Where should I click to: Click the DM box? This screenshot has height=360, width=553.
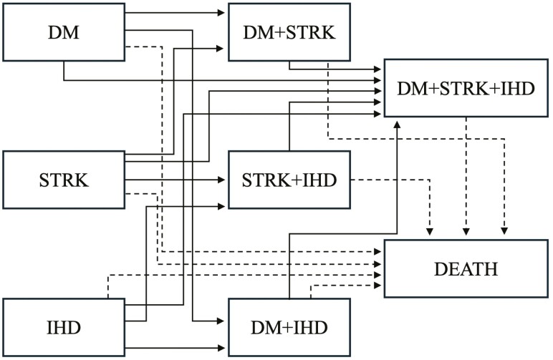(64, 31)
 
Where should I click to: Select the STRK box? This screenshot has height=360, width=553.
(64, 179)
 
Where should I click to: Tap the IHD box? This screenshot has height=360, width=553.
(64, 327)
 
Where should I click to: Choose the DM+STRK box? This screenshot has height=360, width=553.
(289, 31)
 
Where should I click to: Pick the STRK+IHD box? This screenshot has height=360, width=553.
(289, 179)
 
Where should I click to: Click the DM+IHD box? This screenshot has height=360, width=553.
(289, 327)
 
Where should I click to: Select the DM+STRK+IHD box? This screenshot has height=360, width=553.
(466, 88)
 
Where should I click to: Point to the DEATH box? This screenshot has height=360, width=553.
(466, 268)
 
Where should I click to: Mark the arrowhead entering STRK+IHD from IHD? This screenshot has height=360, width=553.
(223, 205)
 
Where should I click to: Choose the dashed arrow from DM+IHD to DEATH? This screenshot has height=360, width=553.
(344, 284)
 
